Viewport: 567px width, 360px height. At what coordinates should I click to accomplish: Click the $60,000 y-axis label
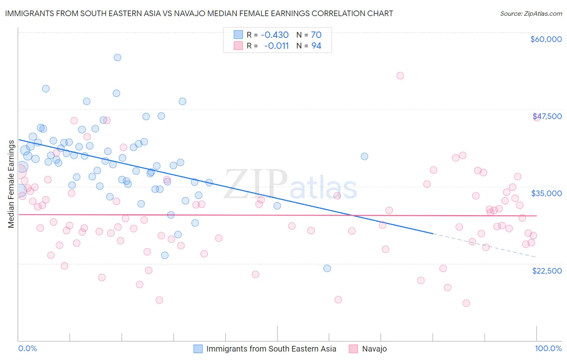click(x=546, y=39)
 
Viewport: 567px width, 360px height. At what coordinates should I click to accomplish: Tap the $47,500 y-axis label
click(x=547, y=116)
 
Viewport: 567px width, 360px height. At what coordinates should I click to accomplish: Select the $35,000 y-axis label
click(x=546, y=193)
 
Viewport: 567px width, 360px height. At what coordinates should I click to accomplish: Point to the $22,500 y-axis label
click(x=546, y=271)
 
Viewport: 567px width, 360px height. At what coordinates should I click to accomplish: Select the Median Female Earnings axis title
click(x=11, y=184)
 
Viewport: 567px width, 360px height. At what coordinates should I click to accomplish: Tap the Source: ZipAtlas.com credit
click(x=531, y=13)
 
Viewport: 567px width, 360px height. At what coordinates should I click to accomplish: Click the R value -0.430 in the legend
click(x=275, y=35)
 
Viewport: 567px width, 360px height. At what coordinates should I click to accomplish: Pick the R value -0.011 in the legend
click(x=276, y=46)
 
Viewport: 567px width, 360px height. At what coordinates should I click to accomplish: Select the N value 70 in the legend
click(x=316, y=35)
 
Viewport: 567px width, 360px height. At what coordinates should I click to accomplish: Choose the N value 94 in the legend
click(x=316, y=46)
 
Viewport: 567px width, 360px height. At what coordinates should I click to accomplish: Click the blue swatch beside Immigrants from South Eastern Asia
click(x=198, y=349)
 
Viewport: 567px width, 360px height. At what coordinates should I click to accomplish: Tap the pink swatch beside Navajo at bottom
click(x=353, y=349)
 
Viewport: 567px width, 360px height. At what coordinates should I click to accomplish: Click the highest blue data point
click(x=117, y=57)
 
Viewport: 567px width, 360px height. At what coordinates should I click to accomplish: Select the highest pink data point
click(x=400, y=75)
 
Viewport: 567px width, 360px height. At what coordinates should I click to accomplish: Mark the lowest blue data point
click(x=327, y=268)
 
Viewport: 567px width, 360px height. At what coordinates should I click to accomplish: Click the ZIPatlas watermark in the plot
click(x=290, y=184)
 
